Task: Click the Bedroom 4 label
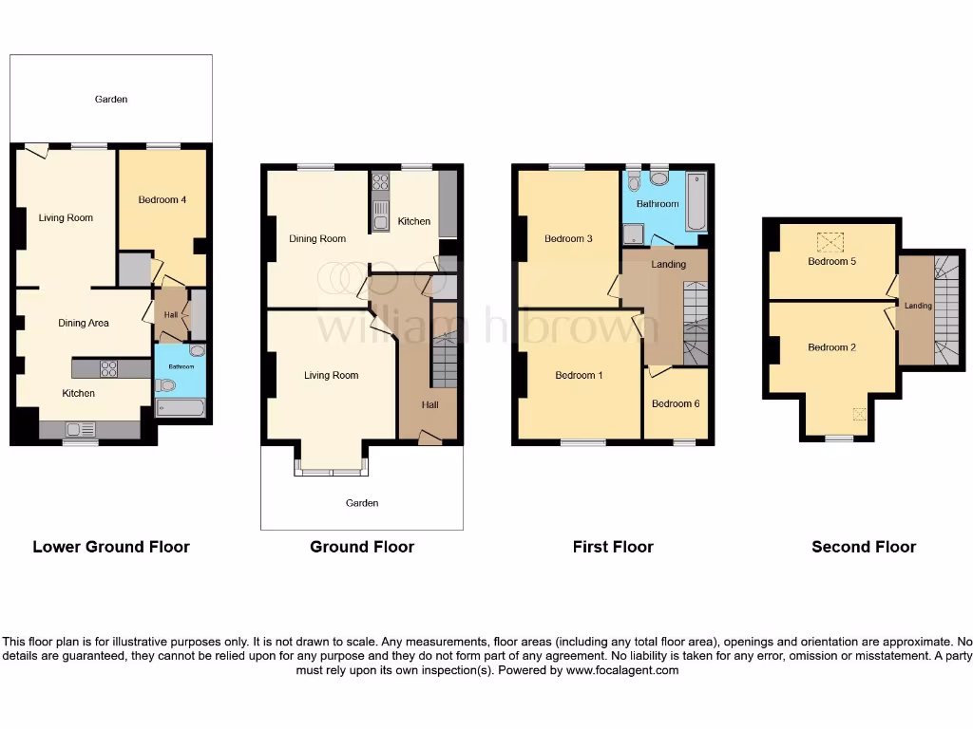pos(162,199)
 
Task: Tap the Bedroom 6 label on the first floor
pos(676,403)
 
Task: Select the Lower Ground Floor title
pos(111,547)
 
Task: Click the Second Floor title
pos(864,547)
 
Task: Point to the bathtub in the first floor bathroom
pos(696,202)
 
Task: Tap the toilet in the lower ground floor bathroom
pos(168,385)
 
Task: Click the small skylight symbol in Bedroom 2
pos(860,414)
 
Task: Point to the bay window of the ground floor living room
pos(331,465)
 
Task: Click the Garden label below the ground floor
pos(362,503)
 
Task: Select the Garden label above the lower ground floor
pos(111,99)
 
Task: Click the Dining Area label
pos(84,323)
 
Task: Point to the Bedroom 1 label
pos(579,375)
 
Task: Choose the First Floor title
pos(613,547)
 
